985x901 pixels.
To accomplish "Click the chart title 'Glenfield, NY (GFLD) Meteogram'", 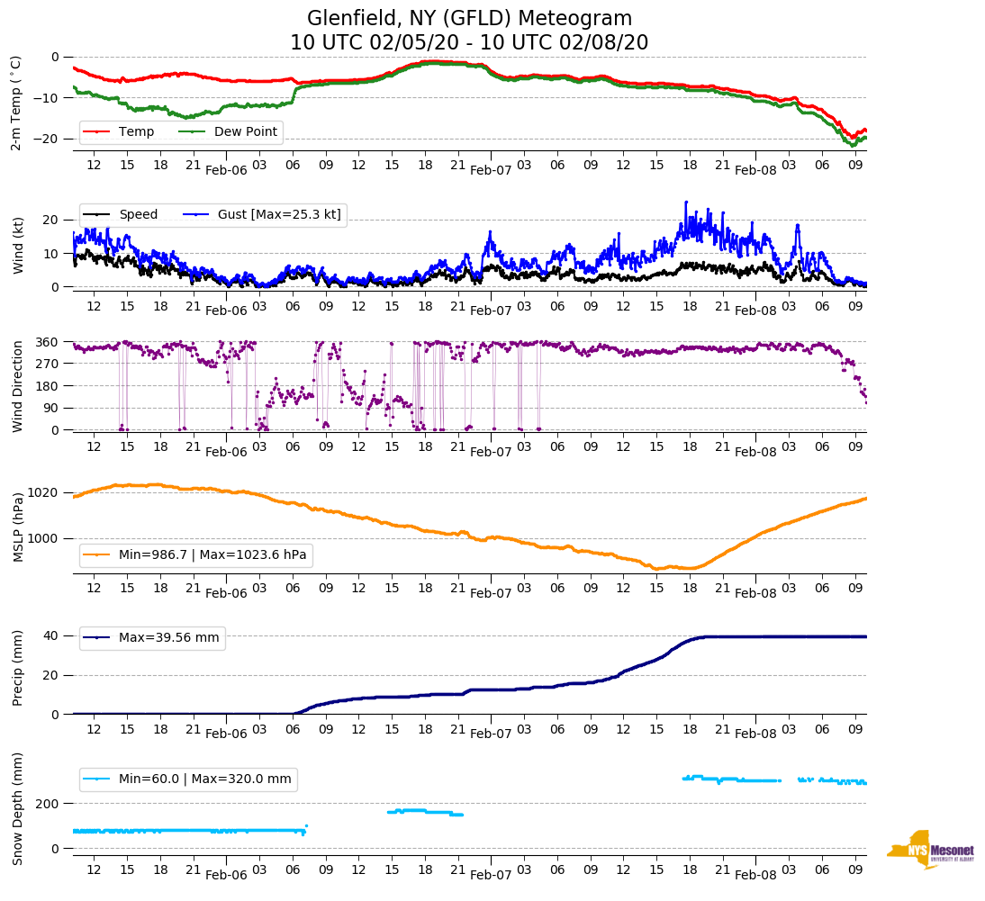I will [469, 19].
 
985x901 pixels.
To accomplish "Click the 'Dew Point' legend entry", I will [247, 132].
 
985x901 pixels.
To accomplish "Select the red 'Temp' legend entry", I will [136, 132].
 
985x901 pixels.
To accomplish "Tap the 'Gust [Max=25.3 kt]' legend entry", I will [278, 214].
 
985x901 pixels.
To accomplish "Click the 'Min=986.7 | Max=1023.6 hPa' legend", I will [212, 555].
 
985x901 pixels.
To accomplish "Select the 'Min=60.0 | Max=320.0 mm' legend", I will [204, 779].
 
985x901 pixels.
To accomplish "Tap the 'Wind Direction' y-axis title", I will [18, 385].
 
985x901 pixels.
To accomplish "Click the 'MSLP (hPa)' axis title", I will [18, 527].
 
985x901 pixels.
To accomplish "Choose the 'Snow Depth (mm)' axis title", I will [18, 807].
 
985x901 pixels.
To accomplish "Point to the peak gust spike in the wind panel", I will [685, 203].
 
